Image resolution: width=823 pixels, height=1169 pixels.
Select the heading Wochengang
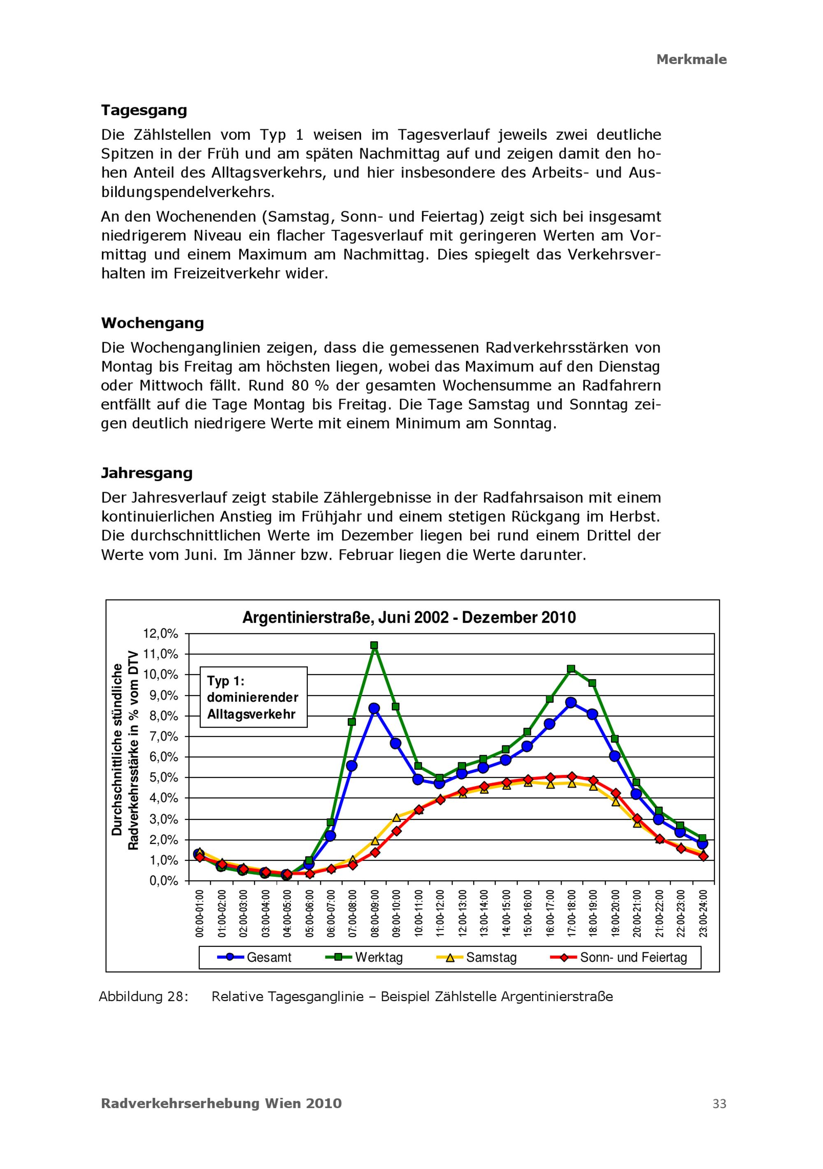click(x=152, y=323)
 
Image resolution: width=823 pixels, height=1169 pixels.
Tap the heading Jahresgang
click(x=146, y=473)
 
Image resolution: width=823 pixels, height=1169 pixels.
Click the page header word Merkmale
click(x=691, y=60)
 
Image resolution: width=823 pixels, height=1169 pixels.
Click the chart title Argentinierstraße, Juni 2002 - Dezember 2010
click(x=409, y=617)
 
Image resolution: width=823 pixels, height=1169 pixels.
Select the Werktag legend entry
click(x=364, y=957)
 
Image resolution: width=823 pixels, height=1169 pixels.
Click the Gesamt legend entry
click(x=255, y=957)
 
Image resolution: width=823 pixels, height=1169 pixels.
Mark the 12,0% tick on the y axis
click(x=161, y=634)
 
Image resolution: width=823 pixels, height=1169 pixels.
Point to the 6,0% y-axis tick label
click(x=161, y=757)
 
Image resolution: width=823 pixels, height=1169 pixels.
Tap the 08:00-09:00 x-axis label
click(x=375, y=914)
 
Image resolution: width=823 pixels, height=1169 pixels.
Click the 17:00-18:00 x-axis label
click(x=572, y=914)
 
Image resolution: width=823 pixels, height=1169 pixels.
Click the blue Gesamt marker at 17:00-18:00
click(x=571, y=703)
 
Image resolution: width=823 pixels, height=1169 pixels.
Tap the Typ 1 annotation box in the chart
click(x=253, y=697)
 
